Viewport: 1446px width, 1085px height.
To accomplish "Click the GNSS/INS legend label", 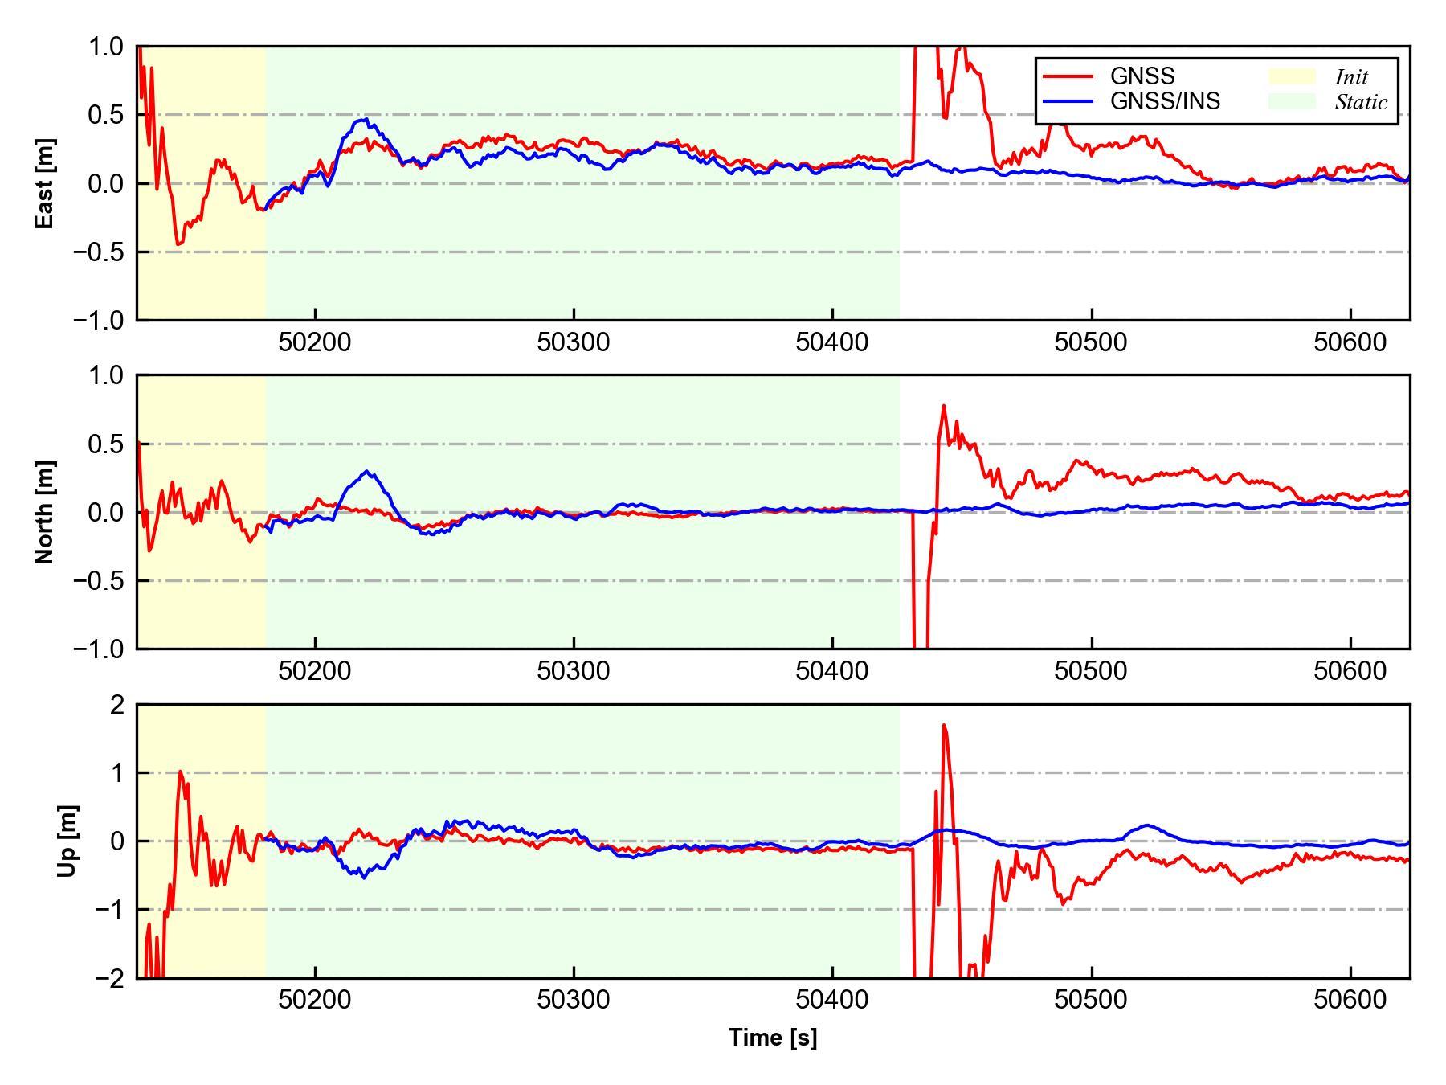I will (1165, 101).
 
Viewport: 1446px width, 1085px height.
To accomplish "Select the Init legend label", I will (1351, 77).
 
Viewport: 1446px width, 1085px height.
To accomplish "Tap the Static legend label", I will (1361, 102).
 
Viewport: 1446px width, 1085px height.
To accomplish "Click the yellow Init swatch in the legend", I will (1292, 76).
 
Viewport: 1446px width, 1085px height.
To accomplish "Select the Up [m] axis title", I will (68, 841).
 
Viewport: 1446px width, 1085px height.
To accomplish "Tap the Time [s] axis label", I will (773, 1038).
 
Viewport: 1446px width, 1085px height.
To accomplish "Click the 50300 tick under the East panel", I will (574, 342).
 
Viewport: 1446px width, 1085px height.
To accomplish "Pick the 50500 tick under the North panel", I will (1091, 671).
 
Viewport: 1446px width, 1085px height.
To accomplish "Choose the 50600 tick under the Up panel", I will (1350, 1000).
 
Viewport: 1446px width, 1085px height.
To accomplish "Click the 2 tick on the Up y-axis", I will (117, 705).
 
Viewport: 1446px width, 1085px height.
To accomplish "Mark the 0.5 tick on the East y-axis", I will (106, 115).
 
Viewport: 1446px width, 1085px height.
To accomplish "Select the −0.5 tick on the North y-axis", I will (99, 580).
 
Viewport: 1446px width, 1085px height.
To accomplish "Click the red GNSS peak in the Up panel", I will (944, 725).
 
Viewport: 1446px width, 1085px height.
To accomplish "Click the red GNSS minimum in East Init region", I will (178, 244).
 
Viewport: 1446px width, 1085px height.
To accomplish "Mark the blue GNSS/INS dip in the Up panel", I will (364, 877).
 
